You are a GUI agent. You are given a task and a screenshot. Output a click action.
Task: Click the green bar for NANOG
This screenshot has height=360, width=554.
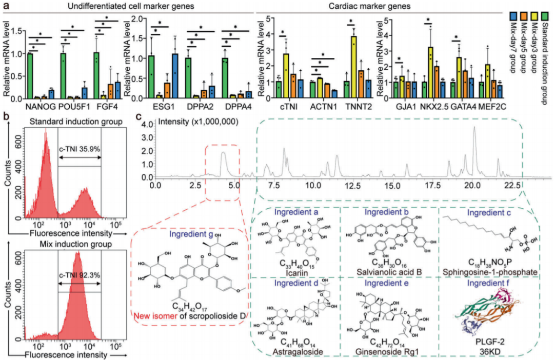30,76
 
